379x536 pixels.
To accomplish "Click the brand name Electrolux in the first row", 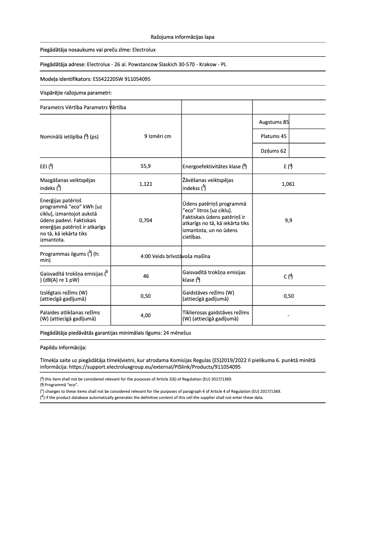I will click(x=144, y=50).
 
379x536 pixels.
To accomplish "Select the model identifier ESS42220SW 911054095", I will click(x=122, y=79).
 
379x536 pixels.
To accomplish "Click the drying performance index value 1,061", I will click(x=288, y=184).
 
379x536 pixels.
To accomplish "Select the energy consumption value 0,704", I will click(x=146, y=220).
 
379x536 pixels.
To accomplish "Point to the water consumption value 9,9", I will click(x=288, y=220).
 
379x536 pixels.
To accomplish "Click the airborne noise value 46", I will click(x=146, y=276).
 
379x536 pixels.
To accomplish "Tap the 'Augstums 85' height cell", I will click(x=274, y=122).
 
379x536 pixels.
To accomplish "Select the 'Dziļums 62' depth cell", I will click(x=274, y=151).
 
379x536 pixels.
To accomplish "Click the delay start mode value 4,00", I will click(x=146, y=315).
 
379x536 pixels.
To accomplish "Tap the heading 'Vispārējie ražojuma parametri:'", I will click(x=76, y=93).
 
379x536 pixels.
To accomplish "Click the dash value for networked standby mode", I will click(x=288, y=315).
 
